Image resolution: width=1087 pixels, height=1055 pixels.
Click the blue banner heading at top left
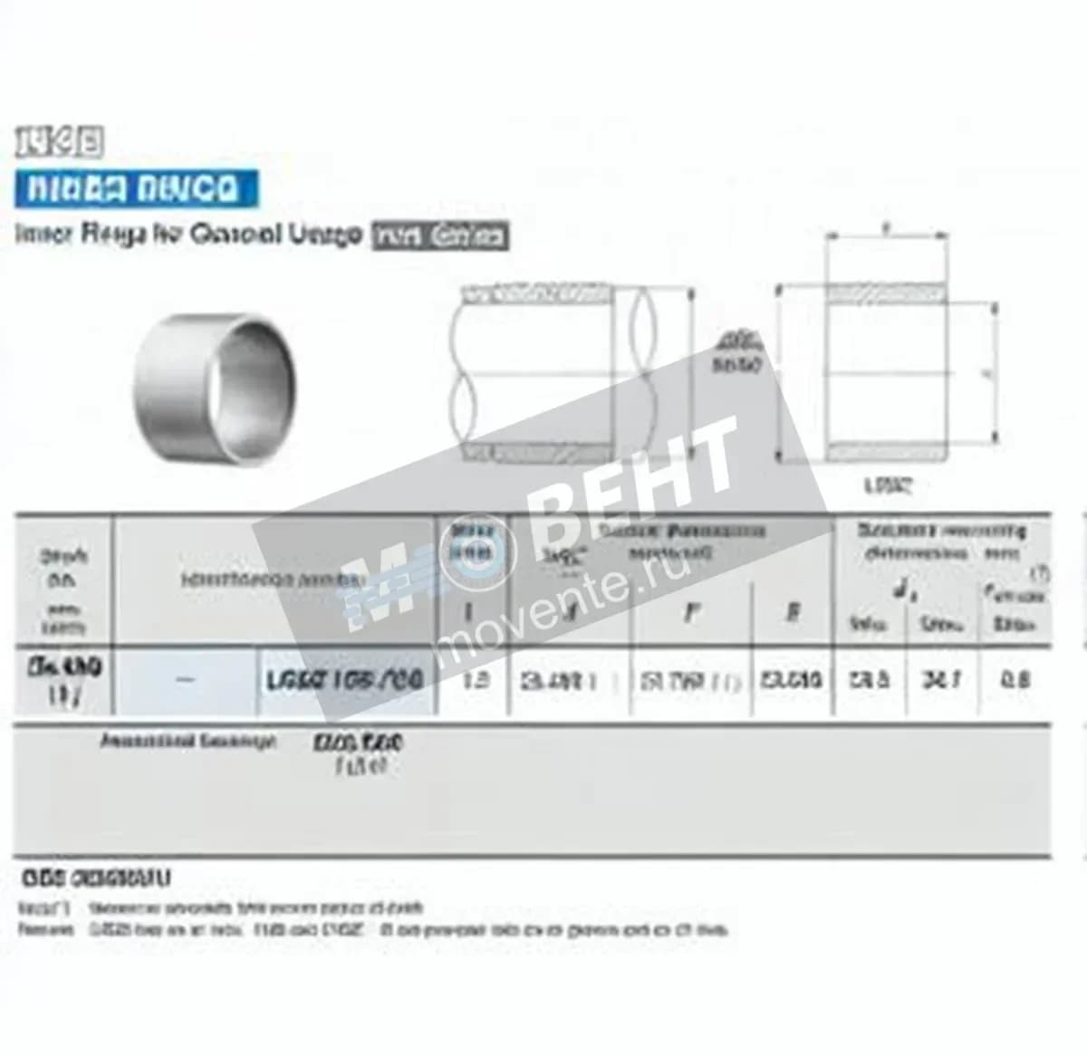coord(136,188)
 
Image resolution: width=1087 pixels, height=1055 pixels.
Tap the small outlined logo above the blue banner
coord(58,143)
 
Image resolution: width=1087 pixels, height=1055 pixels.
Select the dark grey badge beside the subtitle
coord(440,236)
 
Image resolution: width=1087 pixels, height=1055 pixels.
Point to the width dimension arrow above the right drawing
coord(887,236)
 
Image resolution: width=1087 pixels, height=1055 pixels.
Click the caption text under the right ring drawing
coord(887,485)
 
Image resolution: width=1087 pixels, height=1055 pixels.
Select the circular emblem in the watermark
coord(475,553)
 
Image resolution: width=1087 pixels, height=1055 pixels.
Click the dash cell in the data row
coord(185,680)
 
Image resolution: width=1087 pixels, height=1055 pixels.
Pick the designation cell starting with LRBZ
coord(345,680)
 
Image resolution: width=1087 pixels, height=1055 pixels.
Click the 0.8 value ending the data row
coord(1015,679)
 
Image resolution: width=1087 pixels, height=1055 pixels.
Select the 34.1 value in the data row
coord(941,679)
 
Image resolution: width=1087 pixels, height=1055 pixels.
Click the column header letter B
coord(792,613)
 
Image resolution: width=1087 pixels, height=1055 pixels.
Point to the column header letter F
coord(690,613)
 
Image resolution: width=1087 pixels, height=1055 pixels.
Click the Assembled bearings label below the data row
coord(188,742)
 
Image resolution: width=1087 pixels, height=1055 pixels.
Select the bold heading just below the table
coord(95,878)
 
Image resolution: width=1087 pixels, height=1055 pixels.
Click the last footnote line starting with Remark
coord(371,930)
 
